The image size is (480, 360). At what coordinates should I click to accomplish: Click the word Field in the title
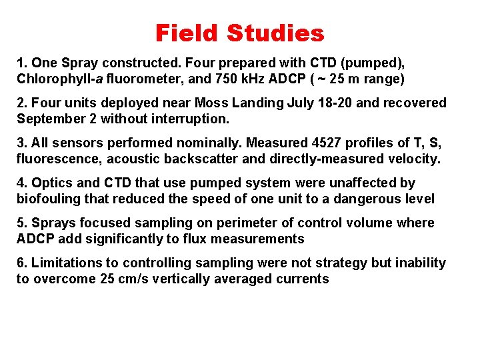tap(187, 33)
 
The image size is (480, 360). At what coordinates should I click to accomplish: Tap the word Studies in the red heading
tap(275, 33)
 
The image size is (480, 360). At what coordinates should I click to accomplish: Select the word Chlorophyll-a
tap(57, 79)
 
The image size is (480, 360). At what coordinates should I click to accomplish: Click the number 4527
tap(285, 143)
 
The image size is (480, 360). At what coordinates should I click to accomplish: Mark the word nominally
tap(186, 143)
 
